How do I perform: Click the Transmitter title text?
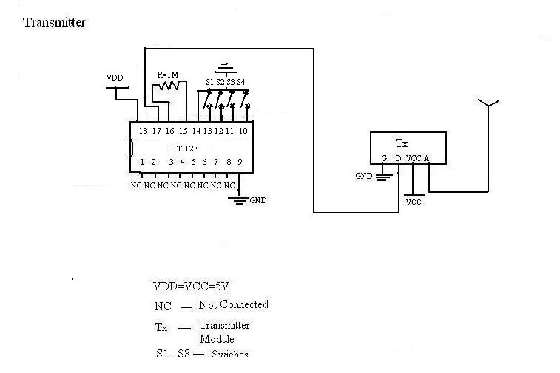point(55,22)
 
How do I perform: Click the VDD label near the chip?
point(115,78)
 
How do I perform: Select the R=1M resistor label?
point(169,74)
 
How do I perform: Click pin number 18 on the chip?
point(144,131)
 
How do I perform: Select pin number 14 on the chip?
point(196,131)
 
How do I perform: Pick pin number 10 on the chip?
point(243,131)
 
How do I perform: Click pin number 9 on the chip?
point(240,162)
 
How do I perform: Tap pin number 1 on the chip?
point(141,162)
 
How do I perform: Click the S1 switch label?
point(209,82)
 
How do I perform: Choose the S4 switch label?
point(241,82)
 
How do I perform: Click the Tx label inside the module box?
point(402,143)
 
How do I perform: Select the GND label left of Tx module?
point(364,176)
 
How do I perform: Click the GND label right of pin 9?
point(258,200)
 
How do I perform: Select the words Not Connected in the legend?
point(234,304)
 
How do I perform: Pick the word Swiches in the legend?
point(230,355)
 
